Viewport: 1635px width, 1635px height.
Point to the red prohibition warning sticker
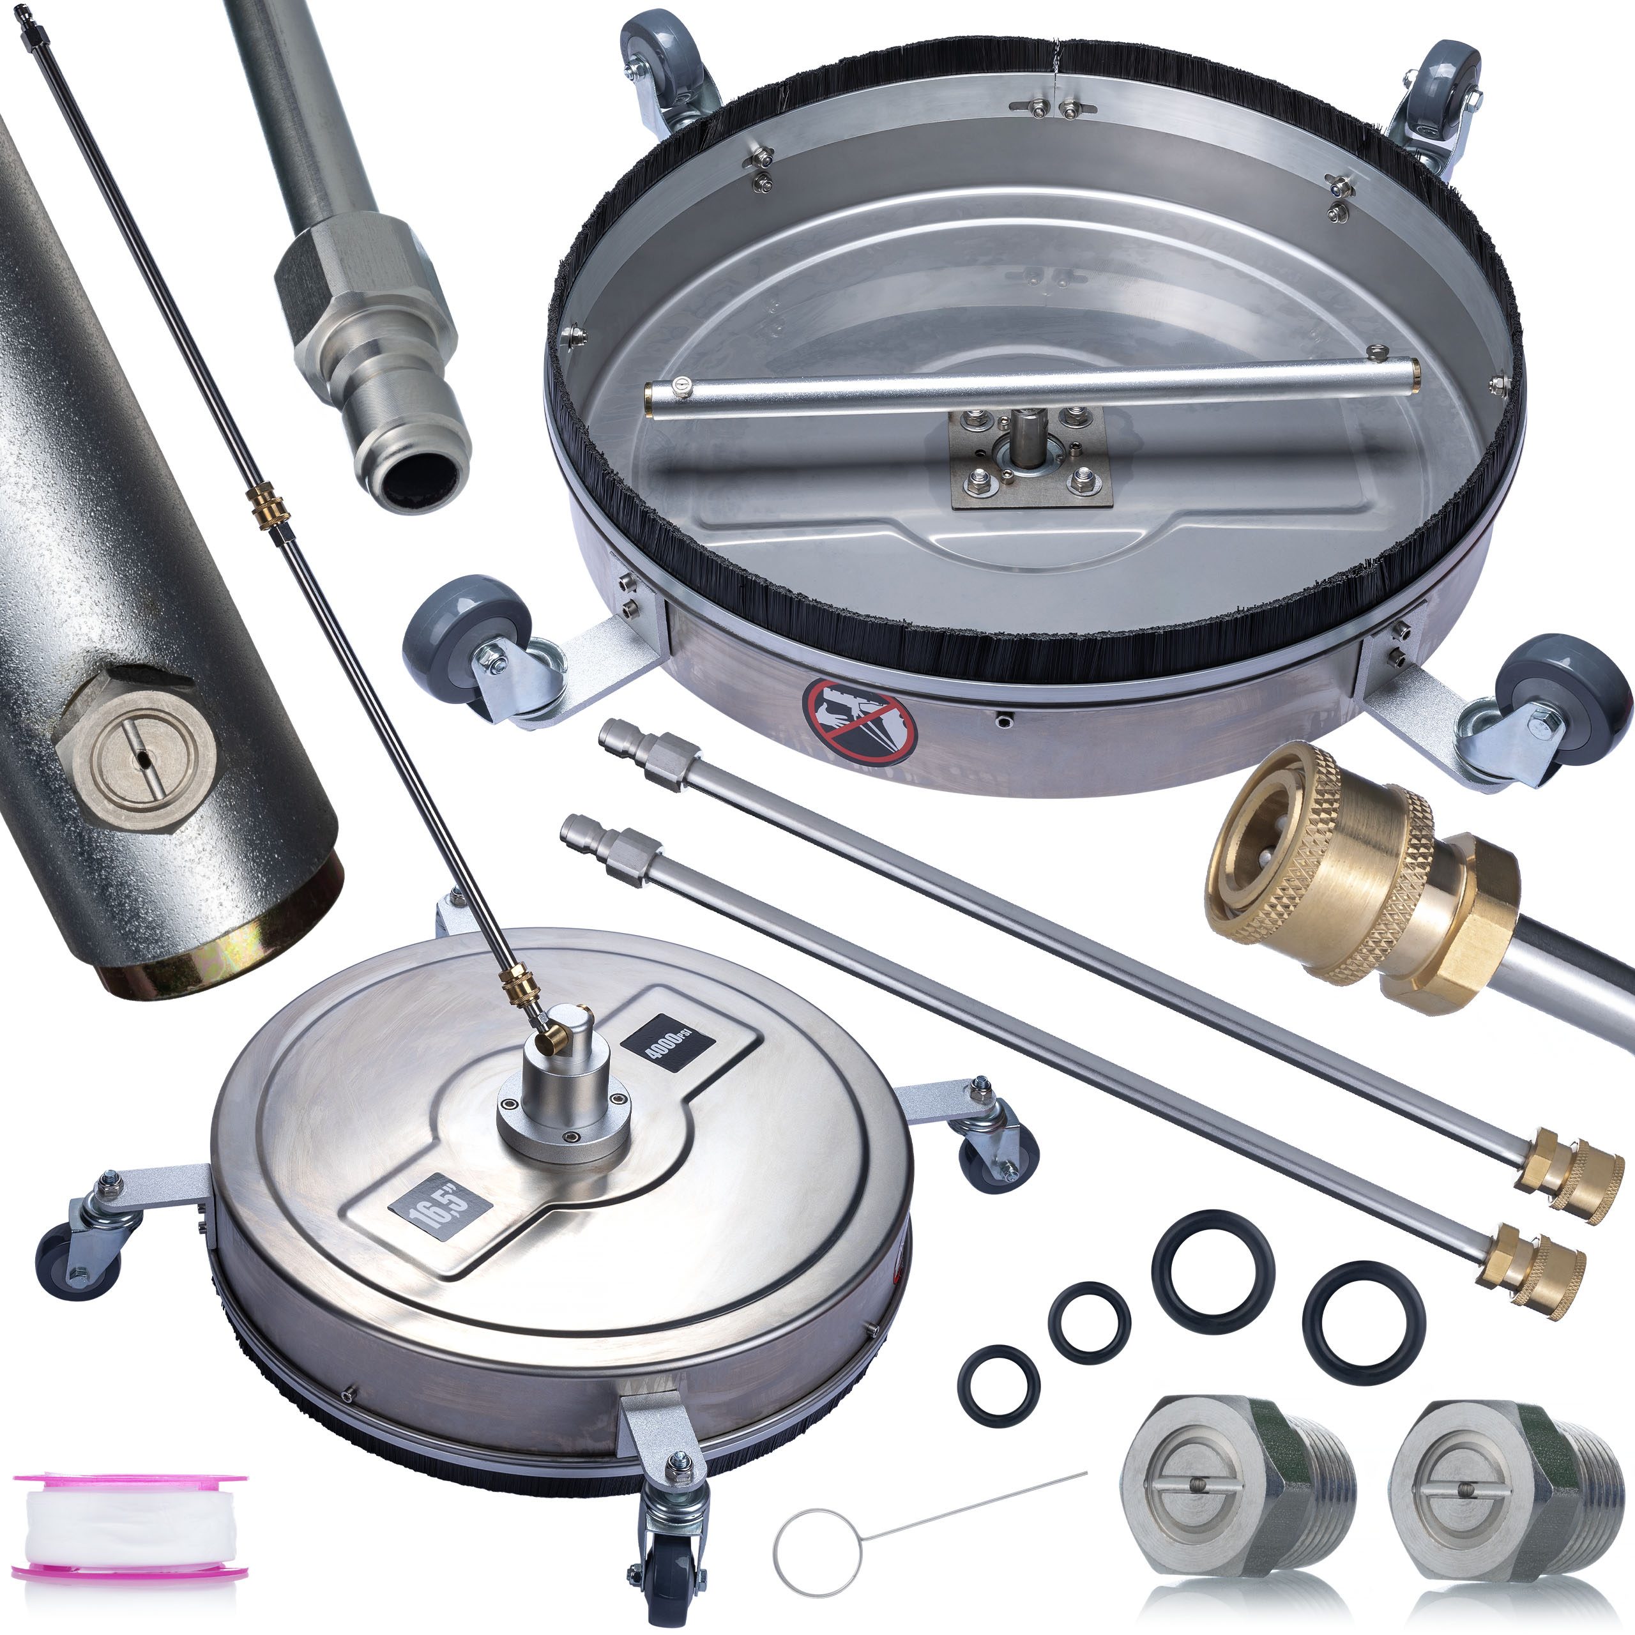[x=860, y=722]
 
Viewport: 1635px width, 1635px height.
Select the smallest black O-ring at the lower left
[x=999, y=1385]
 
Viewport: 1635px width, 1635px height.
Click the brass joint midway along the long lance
[x=268, y=508]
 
